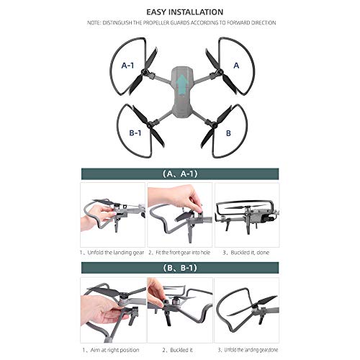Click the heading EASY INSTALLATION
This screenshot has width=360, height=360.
point(179,12)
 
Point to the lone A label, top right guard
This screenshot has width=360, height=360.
point(237,66)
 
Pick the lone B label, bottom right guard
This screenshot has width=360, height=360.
point(228,133)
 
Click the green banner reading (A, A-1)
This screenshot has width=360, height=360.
point(181,174)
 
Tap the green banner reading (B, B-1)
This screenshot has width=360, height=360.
point(181,268)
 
